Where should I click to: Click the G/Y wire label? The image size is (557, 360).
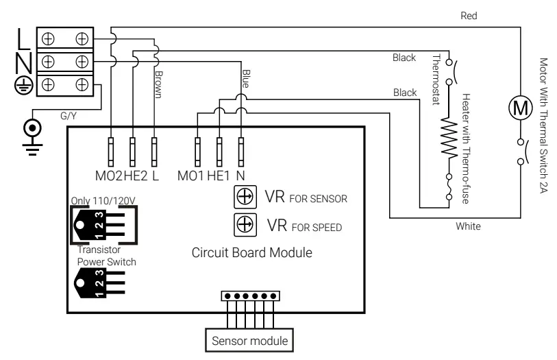(68, 117)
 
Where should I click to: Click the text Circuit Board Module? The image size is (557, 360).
(252, 252)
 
